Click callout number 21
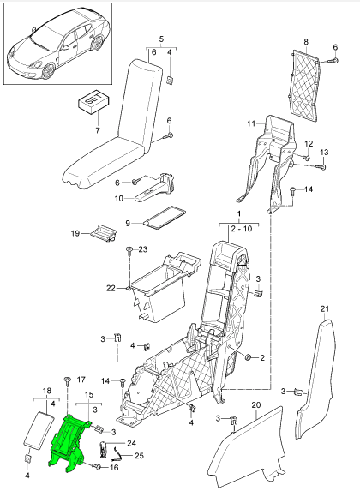tap(323, 308)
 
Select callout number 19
tap(75, 232)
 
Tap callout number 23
tap(142, 249)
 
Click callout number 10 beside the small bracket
tap(120, 199)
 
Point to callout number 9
tap(128, 222)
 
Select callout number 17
tap(81, 380)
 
